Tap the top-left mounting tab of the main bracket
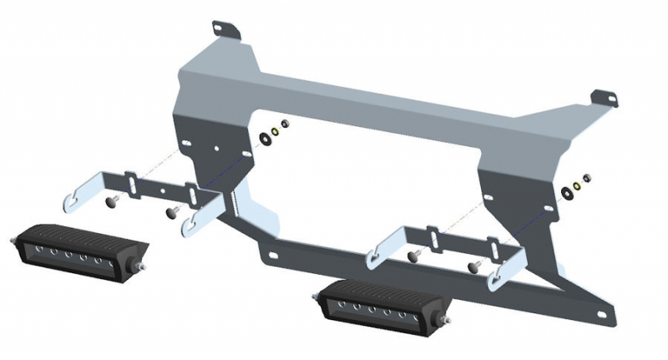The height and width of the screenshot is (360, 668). (226, 30)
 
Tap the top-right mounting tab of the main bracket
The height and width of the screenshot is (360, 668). (605, 98)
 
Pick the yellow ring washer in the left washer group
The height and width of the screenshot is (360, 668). (275, 130)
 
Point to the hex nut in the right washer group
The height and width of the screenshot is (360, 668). (587, 179)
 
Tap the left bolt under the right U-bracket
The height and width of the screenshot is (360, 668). (413, 254)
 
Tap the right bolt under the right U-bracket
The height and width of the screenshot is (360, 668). (474, 266)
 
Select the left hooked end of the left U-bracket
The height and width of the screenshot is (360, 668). (75, 201)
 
